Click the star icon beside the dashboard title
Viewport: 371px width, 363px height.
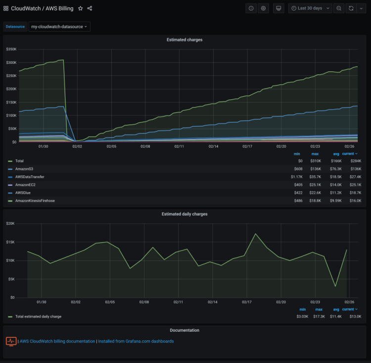coord(81,8)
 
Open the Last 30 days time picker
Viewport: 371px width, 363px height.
coord(310,8)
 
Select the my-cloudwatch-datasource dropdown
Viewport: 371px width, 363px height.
coord(59,26)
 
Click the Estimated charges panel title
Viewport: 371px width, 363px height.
coord(185,40)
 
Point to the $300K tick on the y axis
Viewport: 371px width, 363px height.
coord(11,62)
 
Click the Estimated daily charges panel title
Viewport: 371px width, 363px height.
coord(185,214)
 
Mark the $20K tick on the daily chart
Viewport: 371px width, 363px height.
coord(11,223)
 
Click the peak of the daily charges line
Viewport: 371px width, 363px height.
coord(256,234)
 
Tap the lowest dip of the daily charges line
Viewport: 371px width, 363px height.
coord(335,286)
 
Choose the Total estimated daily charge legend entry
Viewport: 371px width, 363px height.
coord(38,316)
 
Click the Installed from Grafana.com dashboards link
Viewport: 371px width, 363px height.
coord(136,341)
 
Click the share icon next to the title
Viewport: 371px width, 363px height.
coord(90,8)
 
